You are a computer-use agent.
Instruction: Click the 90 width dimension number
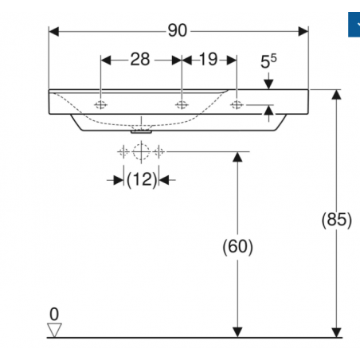tap(177, 30)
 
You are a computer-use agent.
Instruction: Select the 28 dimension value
tap(141, 60)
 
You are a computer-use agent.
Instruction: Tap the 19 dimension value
tap(209, 60)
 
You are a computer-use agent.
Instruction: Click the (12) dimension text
tap(141, 180)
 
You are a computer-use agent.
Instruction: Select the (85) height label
tap(336, 220)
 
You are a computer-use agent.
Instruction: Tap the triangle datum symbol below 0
tap(54, 329)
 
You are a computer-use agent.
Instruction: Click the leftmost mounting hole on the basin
tap(101, 106)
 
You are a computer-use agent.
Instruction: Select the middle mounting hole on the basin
tap(182, 106)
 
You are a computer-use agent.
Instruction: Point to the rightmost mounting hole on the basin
tap(237, 106)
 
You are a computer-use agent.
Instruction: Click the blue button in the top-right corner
tap(354, 25)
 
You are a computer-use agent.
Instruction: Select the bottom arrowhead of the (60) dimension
tap(236, 331)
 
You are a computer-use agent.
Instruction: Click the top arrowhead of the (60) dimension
tap(236, 156)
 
